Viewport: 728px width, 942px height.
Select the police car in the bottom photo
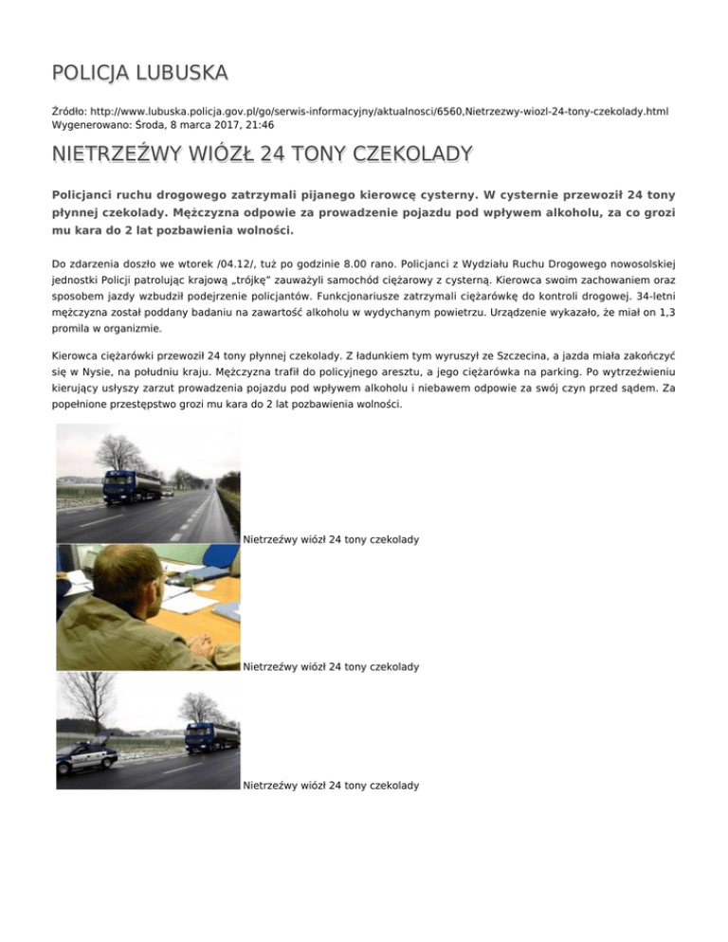(88, 757)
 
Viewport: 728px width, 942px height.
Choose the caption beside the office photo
(331, 667)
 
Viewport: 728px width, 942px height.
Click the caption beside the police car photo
(331, 786)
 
